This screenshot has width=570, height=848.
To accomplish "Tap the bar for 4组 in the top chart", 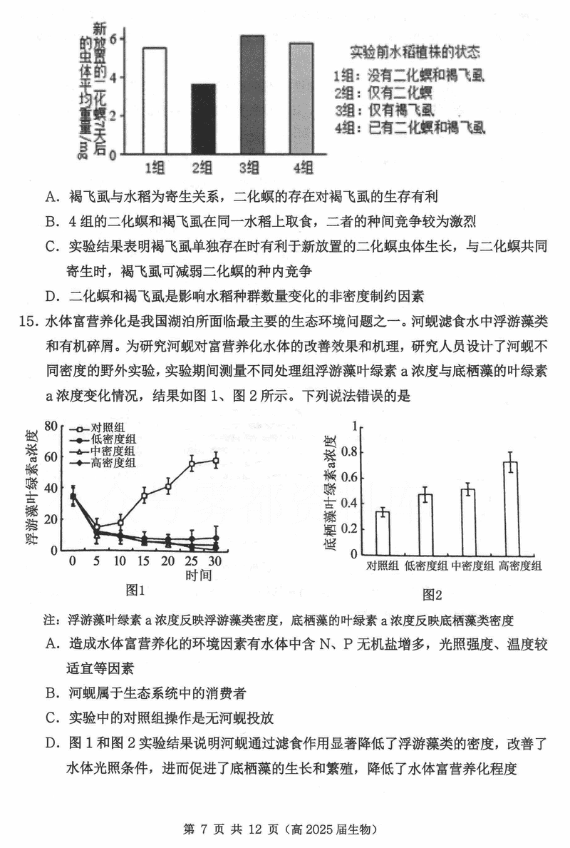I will coord(301,98).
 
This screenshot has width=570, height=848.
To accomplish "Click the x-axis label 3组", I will coord(252,168).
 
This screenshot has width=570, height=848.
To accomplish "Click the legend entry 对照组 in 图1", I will coord(108,428).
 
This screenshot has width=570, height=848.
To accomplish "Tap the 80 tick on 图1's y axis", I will coord(50,426).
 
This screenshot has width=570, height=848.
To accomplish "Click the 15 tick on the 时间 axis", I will coord(144,561).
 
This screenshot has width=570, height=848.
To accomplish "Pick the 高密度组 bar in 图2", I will coord(510,507).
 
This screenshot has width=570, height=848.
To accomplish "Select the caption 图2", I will coord(432,594).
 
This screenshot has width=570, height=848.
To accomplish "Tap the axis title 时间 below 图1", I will coord(199,575).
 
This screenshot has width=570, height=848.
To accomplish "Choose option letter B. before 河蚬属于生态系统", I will coord(51,693).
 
